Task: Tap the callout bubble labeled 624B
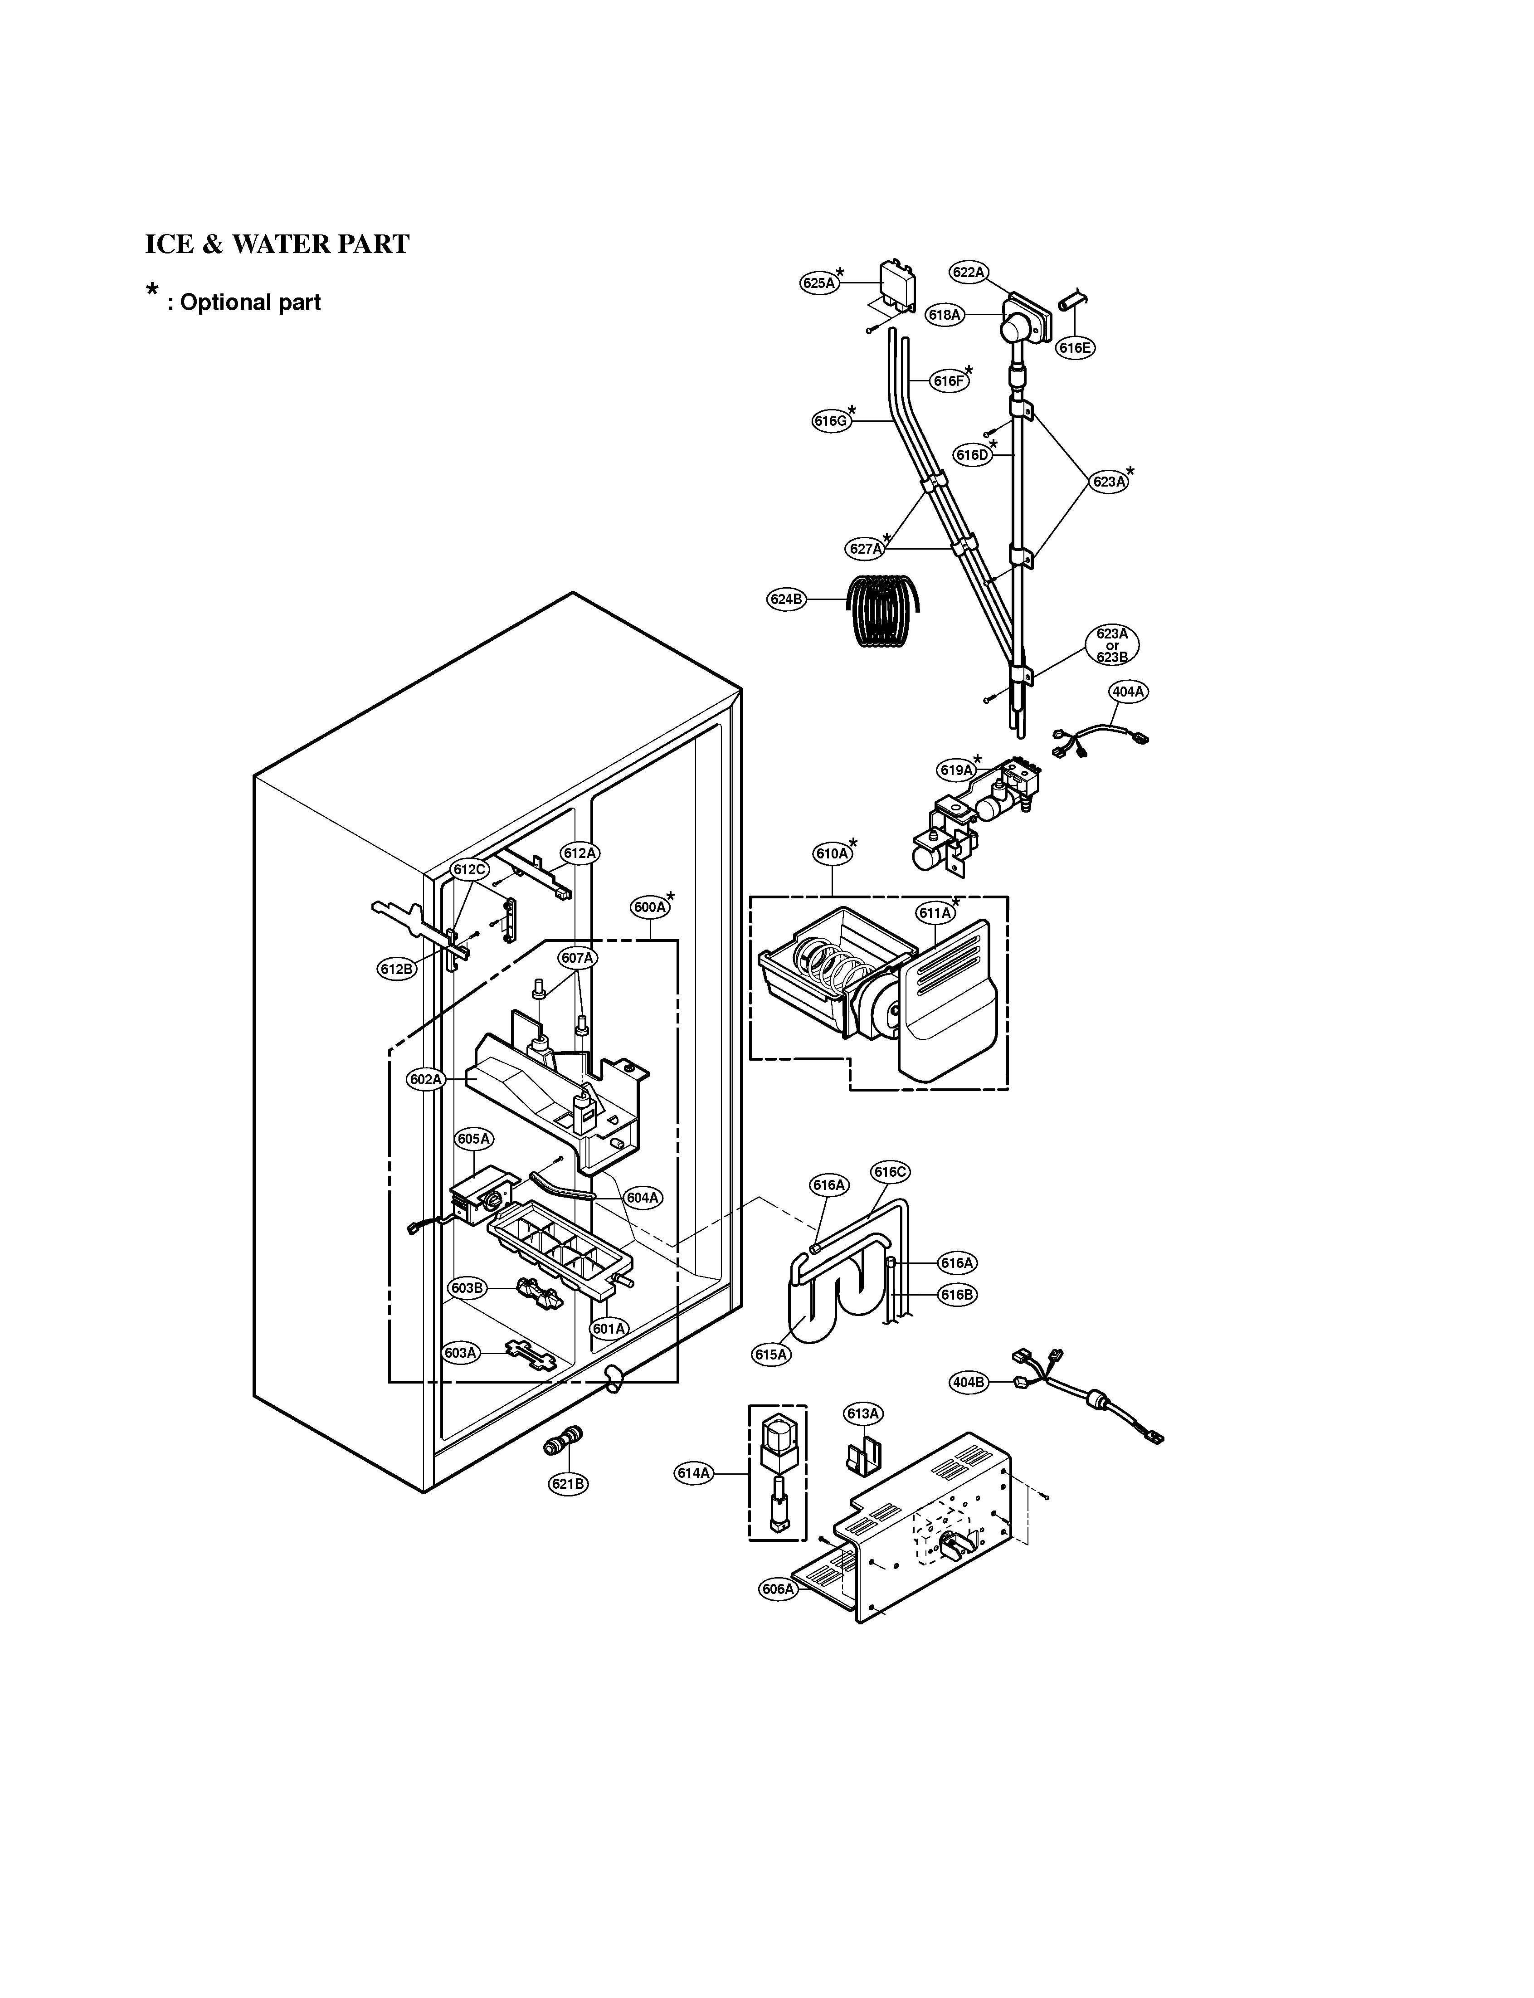point(785,599)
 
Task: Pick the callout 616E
point(1075,348)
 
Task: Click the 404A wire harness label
point(1128,692)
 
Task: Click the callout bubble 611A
point(935,912)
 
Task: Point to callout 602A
point(425,1079)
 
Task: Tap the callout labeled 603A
point(461,1353)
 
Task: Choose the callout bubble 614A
point(693,1473)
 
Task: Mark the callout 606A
point(778,1589)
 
